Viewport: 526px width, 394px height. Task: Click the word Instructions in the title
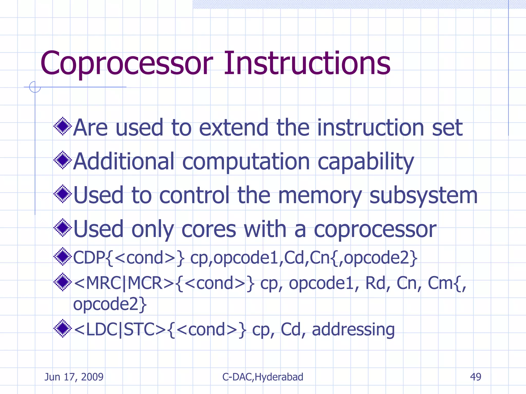307,63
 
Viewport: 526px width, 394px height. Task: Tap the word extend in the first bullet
233,127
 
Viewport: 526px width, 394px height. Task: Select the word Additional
124,161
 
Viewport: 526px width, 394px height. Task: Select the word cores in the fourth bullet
209,230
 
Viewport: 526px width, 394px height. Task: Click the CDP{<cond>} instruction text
128,258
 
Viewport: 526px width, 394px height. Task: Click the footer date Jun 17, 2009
74,377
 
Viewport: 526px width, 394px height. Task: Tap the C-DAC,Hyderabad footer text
262,377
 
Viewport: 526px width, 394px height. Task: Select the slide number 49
475,377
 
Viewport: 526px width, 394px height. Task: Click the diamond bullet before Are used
62,126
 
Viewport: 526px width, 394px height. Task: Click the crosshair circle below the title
35,87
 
